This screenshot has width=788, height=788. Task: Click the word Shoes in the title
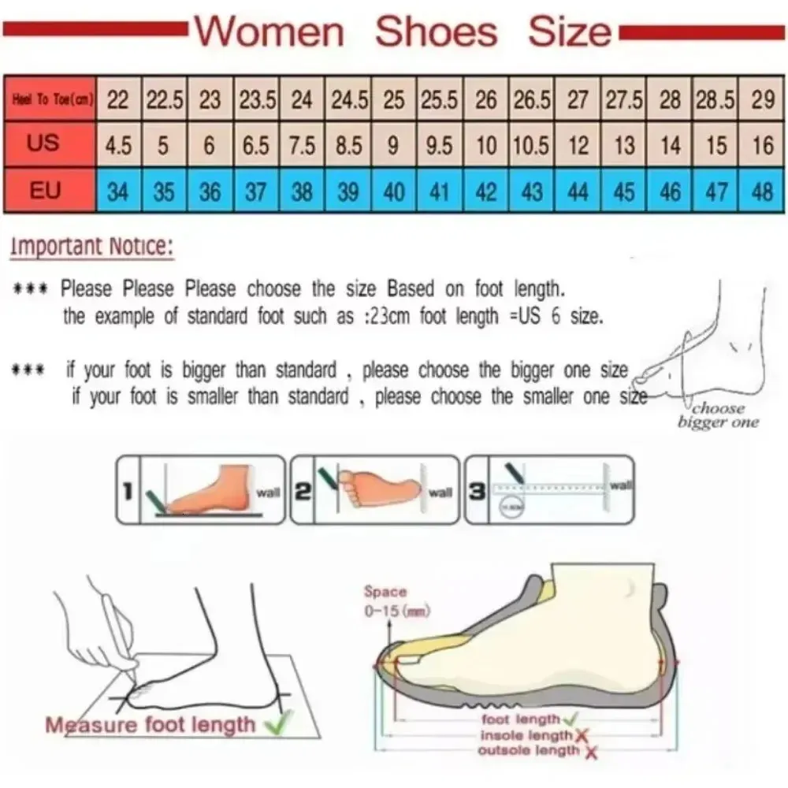[x=436, y=32]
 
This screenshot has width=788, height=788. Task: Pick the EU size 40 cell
[x=394, y=191]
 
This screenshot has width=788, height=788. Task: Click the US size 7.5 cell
[x=302, y=146]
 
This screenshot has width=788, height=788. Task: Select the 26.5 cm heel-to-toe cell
[x=533, y=100]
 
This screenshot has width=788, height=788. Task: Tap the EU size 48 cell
[x=762, y=191]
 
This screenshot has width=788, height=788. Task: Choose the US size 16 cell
[x=762, y=146]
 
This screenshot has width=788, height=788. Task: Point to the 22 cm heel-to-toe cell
[x=118, y=100]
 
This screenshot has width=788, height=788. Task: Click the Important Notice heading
[x=91, y=247]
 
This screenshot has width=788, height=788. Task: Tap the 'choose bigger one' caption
[x=718, y=415]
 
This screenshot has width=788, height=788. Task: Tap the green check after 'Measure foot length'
[x=277, y=722]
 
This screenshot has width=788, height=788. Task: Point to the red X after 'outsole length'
[x=591, y=753]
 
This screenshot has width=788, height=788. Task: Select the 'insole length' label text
[x=526, y=735]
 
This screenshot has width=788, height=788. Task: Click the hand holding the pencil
[x=98, y=638]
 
